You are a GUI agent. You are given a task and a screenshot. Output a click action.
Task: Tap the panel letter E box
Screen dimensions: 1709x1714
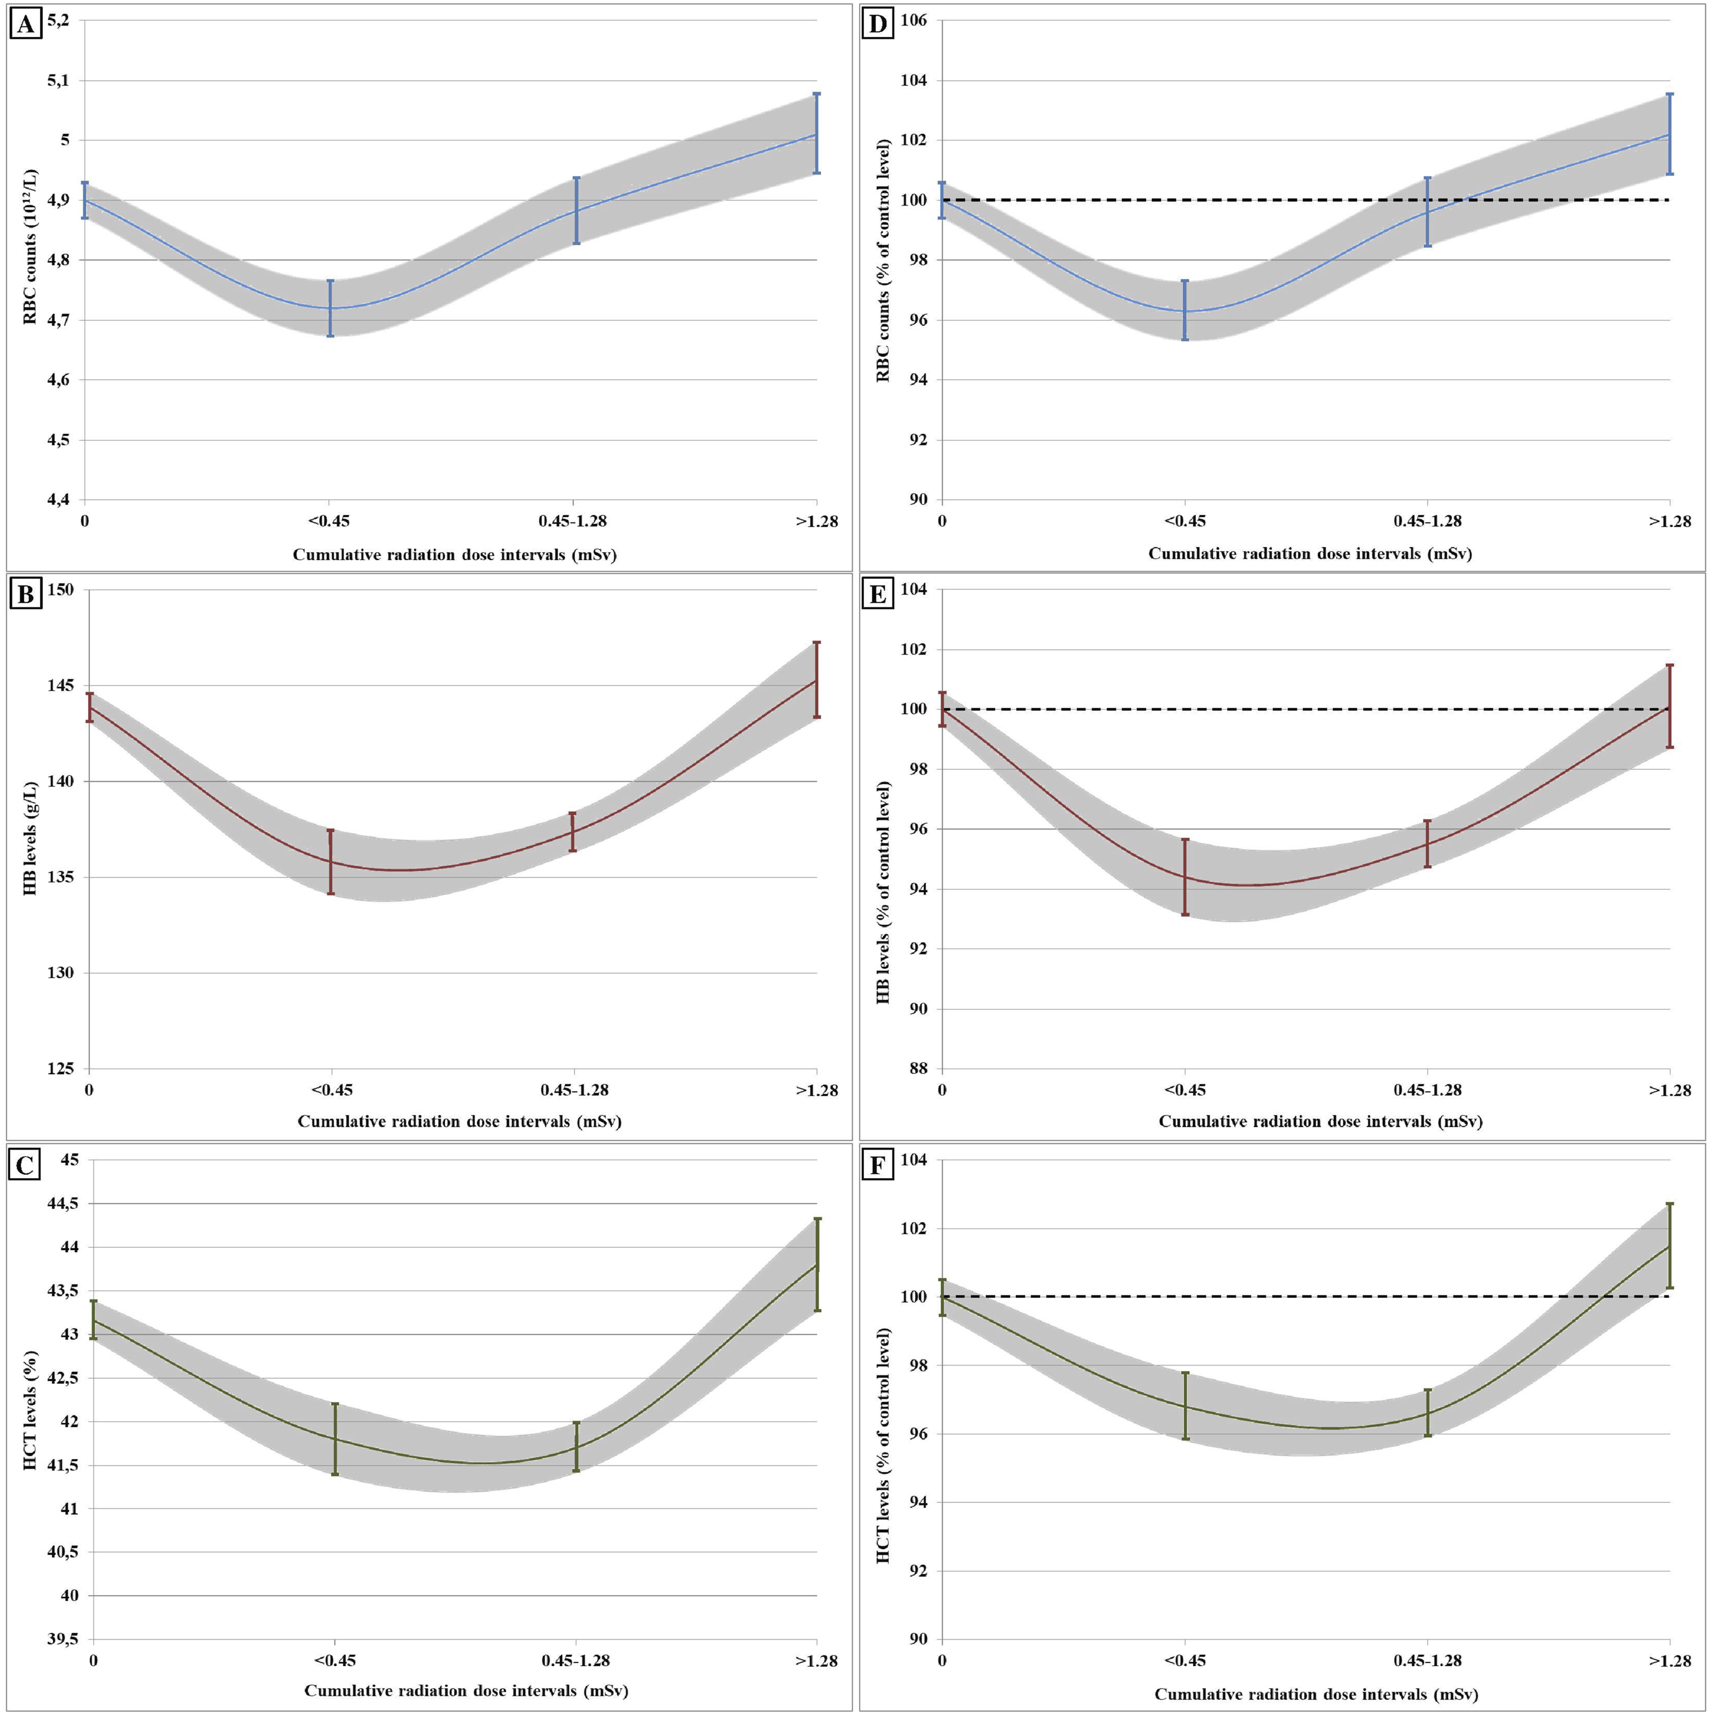pyautogui.click(x=878, y=594)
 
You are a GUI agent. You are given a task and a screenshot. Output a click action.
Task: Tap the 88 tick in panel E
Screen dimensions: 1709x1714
pyautogui.click(x=919, y=1069)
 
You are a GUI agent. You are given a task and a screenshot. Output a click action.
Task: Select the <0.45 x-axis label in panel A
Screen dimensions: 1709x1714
pyautogui.click(x=330, y=521)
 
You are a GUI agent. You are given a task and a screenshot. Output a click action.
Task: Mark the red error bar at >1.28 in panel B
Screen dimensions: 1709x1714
pyautogui.click(x=817, y=679)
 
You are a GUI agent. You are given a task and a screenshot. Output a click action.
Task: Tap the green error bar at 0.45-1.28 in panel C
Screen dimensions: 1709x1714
pyautogui.click(x=576, y=1447)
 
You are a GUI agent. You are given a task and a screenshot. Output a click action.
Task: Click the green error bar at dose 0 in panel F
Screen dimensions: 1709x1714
pyautogui.click(x=942, y=1297)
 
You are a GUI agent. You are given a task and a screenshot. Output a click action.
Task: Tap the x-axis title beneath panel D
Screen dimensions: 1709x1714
pyautogui.click(x=1310, y=554)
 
